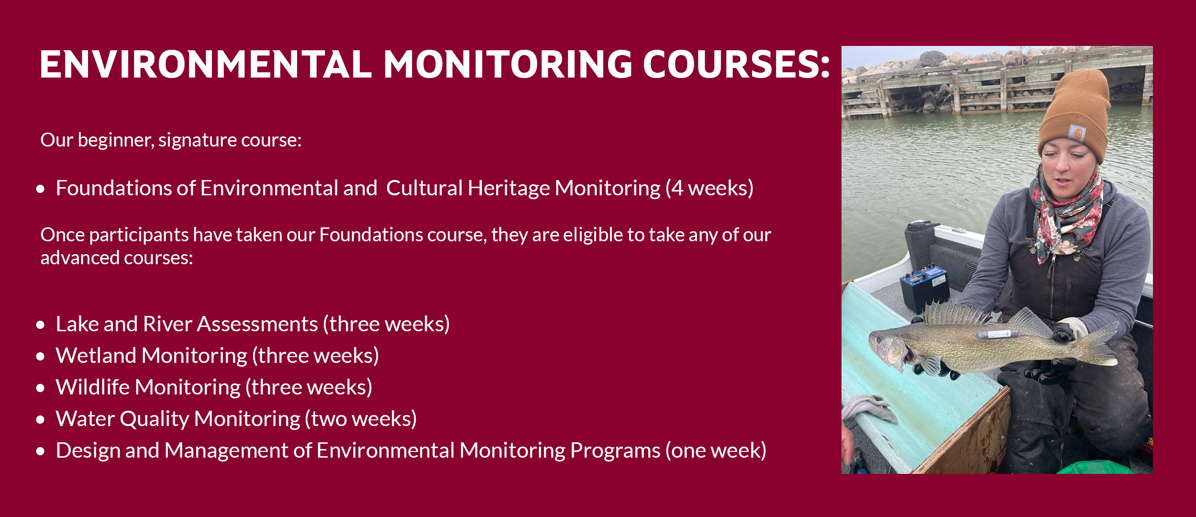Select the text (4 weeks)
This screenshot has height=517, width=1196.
click(x=709, y=188)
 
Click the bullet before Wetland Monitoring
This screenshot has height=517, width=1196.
click(x=41, y=357)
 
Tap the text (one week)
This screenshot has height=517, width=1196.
click(x=716, y=450)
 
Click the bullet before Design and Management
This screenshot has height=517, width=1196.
click(x=41, y=451)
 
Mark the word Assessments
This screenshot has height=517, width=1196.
click(x=257, y=324)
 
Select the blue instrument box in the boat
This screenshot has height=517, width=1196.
click(x=925, y=288)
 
